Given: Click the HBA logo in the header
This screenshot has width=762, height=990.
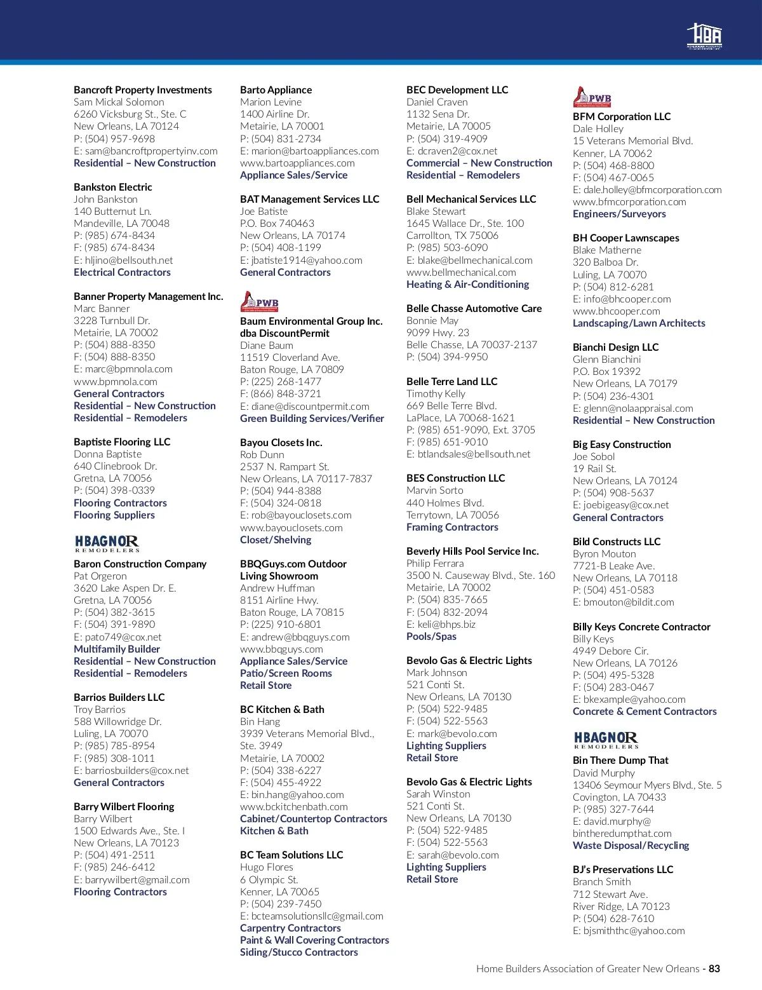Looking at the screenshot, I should click(x=704, y=36).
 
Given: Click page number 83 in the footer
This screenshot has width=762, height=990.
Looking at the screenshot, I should click(x=714, y=968).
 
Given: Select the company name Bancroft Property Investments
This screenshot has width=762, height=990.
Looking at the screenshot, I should click(x=143, y=90).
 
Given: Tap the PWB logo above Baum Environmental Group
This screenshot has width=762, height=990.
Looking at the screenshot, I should click(x=260, y=301).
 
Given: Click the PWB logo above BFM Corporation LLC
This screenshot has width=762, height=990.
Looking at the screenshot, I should click(x=592, y=97).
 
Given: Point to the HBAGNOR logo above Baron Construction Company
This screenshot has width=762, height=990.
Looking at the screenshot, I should click(x=107, y=543).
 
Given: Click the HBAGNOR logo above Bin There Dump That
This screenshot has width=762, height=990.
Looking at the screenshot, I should click(x=606, y=739).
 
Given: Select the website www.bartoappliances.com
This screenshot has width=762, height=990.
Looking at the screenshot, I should click(x=297, y=163).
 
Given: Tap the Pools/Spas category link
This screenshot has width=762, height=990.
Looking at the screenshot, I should click(x=431, y=636).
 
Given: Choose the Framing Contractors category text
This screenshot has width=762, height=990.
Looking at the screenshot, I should click(x=452, y=527).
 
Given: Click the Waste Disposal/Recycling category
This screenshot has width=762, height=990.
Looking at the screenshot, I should click(x=631, y=845).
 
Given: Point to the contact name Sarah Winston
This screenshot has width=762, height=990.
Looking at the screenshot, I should click(x=438, y=794).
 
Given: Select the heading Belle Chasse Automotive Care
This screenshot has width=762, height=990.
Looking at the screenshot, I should click(x=474, y=308).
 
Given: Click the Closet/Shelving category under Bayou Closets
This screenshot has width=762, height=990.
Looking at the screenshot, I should click(x=276, y=539).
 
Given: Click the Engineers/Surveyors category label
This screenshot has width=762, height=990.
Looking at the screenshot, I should click(x=619, y=214).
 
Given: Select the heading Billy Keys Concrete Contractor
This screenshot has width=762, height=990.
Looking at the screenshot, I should click(x=641, y=627).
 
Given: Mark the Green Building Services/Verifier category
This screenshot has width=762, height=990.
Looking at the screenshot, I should click(x=312, y=418).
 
